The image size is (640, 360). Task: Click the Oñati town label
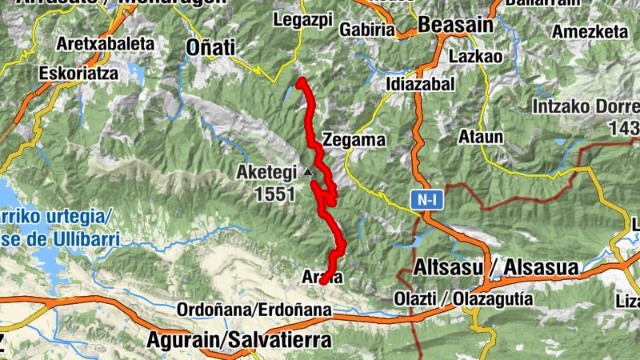click(210, 47)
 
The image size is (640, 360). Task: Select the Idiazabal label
click(420, 84)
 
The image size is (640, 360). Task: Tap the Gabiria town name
click(367, 30)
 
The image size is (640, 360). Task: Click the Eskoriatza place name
click(78, 73)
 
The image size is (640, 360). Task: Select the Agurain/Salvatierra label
click(238, 340)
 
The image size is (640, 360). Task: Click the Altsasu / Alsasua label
click(497, 269)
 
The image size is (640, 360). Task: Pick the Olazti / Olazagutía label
click(475, 298)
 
